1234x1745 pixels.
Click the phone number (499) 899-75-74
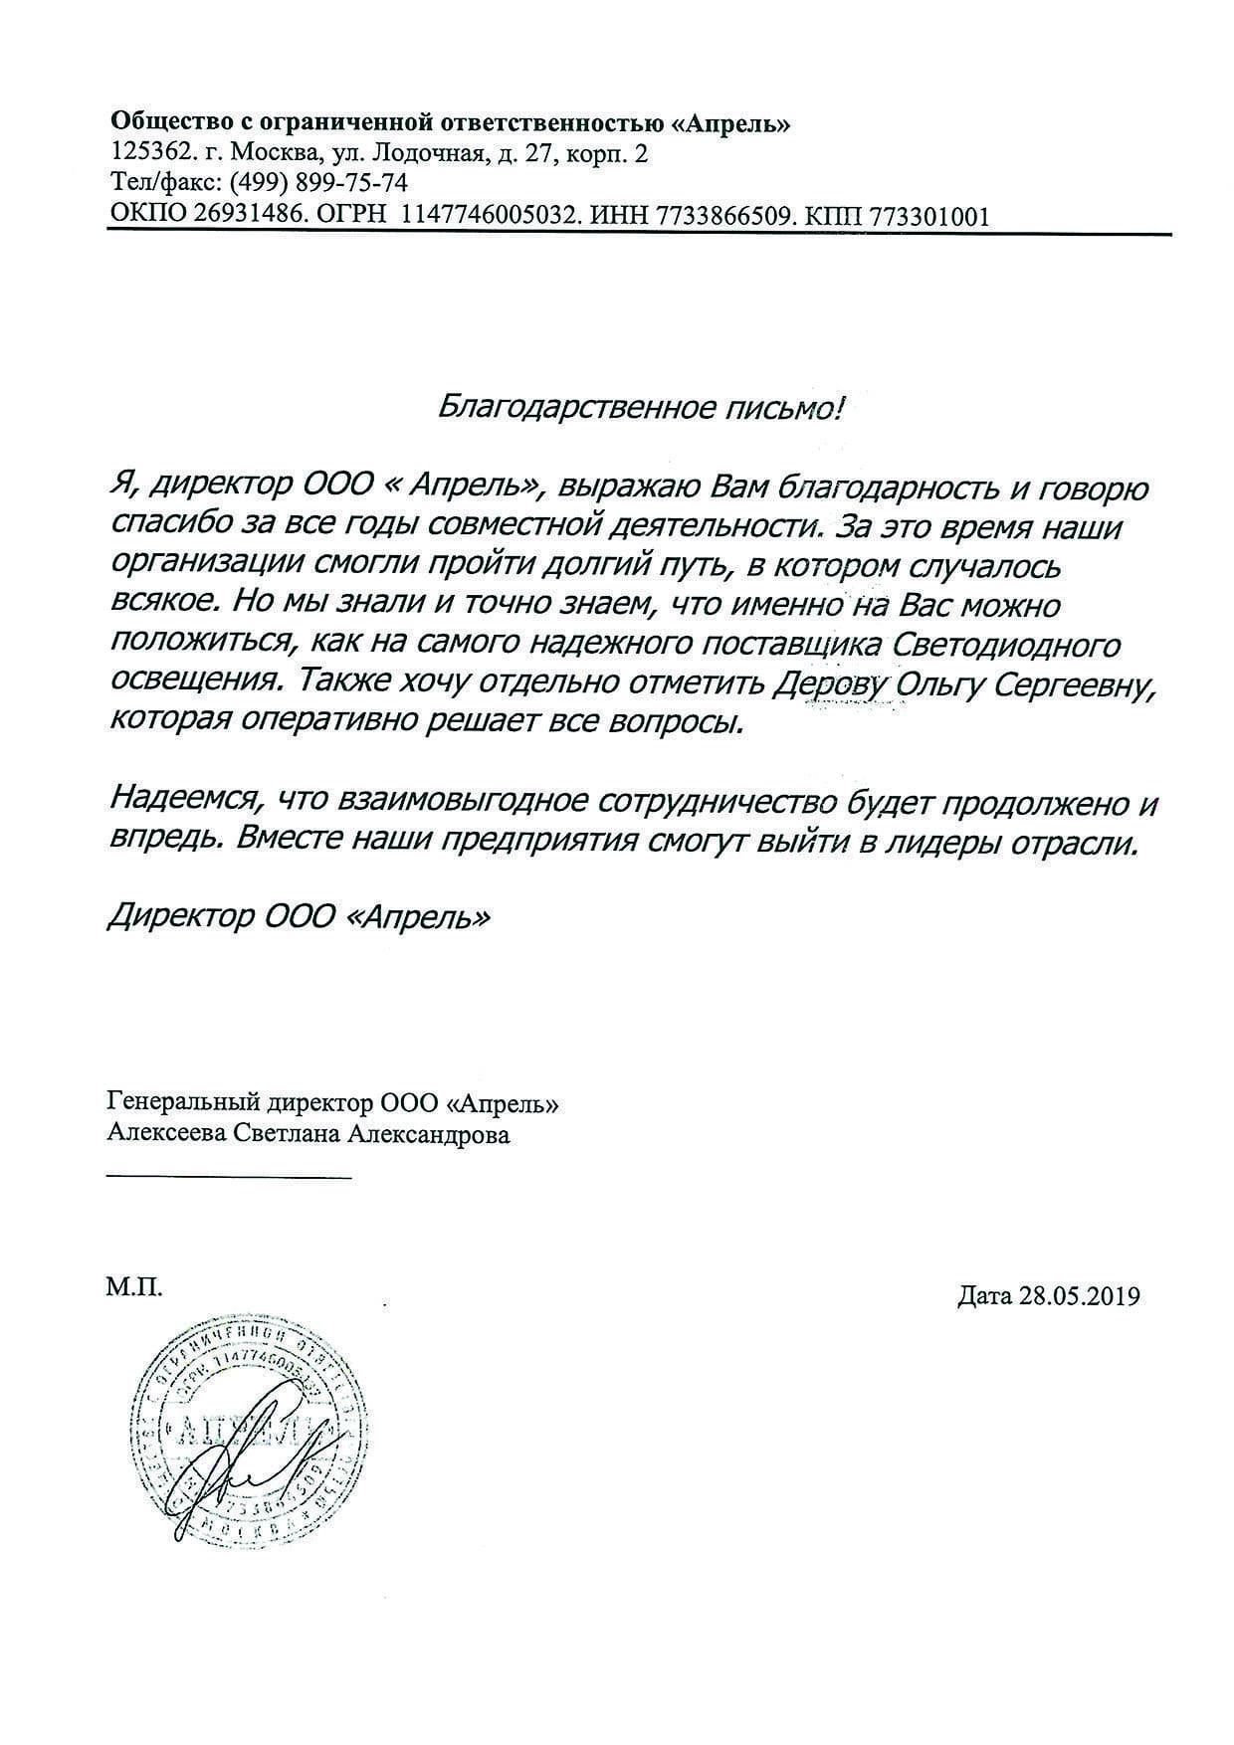pyautogui.click(x=318, y=184)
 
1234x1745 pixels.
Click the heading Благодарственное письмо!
pyautogui.click(x=640, y=406)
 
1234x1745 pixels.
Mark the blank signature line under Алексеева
pyautogui.click(x=228, y=1179)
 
